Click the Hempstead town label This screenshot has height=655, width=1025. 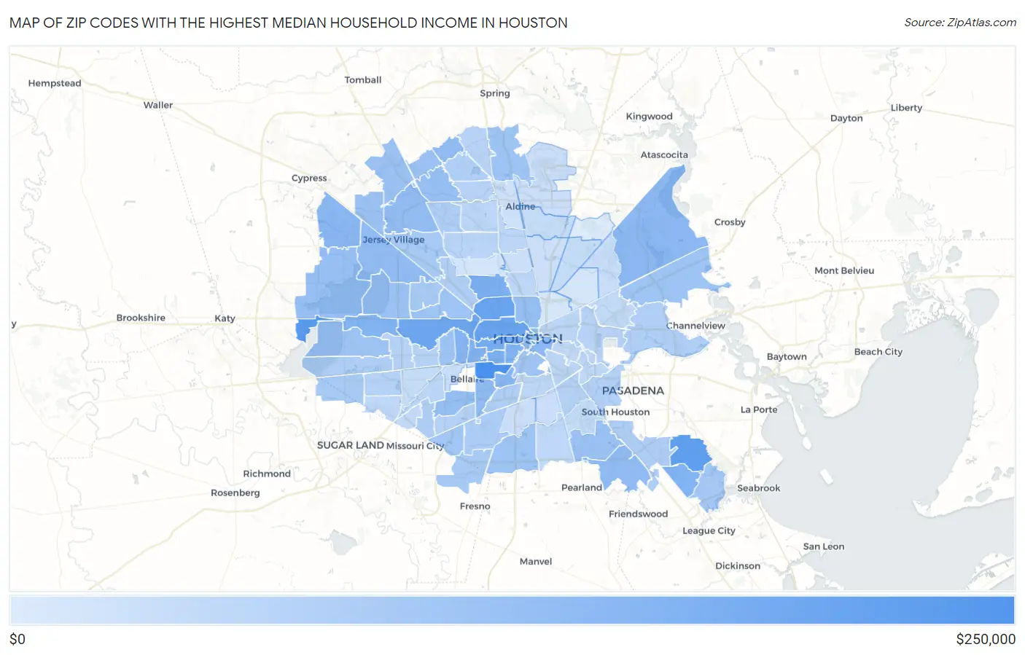[x=55, y=83]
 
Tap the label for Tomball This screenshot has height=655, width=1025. [x=363, y=80]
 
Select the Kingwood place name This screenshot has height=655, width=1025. [x=649, y=117]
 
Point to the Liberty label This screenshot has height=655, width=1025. [x=906, y=108]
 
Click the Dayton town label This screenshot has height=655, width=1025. [x=846, y=118]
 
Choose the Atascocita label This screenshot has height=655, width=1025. [x=664, y=155]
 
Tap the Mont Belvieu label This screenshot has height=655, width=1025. [x=844, y=271]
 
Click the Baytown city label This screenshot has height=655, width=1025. [x=787, y=357]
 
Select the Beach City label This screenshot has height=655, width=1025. [x=878, y=352]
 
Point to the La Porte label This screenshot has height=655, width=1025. [x=759, y=409]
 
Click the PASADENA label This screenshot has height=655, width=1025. [x=633, y=391]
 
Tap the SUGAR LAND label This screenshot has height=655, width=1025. [x=350, y=445]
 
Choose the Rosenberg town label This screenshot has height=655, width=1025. [x=235, y=493]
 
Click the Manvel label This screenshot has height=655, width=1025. [x=536, y=562]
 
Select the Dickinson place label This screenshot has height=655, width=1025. [x=738, y=566]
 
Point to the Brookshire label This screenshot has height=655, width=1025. [x=141, y=318]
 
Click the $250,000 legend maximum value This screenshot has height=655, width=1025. [x=986, y=640]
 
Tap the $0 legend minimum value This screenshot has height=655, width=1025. [x=17, y=640]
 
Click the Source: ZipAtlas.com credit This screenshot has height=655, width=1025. [x=960, y=23]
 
